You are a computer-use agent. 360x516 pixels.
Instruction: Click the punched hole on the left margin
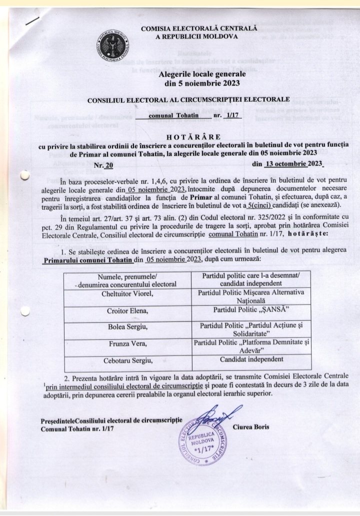23,175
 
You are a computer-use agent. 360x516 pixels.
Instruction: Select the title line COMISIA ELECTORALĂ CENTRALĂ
198,29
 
